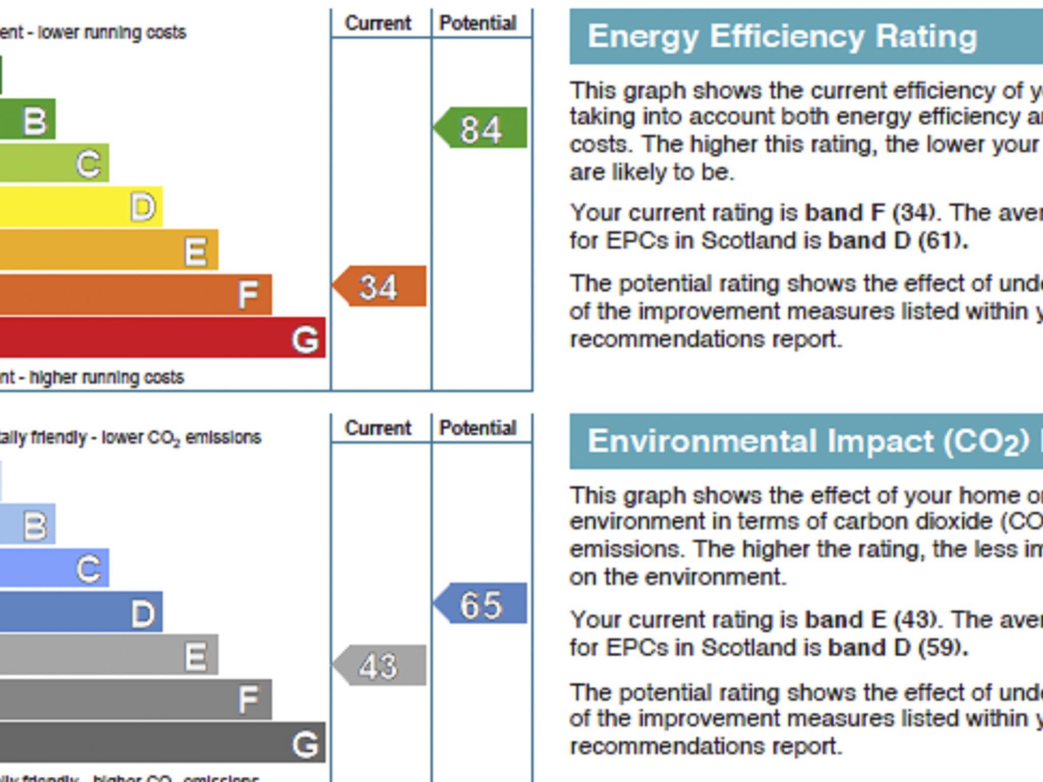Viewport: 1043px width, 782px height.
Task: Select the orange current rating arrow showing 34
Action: point(380,287)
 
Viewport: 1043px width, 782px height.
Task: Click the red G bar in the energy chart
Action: point(153,338)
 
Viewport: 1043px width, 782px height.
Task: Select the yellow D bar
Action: point(76,207)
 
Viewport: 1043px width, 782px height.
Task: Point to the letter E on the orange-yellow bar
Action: point(196,251)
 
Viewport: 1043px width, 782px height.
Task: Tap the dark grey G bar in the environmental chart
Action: point(153,743)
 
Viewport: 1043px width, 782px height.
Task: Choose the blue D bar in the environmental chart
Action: point(76,612)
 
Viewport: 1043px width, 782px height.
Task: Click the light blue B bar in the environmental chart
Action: point(28,524)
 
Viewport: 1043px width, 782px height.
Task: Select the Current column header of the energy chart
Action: point(378,23)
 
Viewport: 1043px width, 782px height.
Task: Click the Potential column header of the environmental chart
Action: point(478,428)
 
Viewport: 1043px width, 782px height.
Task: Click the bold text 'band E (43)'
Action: point(870,620)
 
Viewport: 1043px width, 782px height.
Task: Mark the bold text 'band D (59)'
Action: point(897,648)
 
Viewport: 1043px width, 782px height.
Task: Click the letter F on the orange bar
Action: point(248,295)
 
